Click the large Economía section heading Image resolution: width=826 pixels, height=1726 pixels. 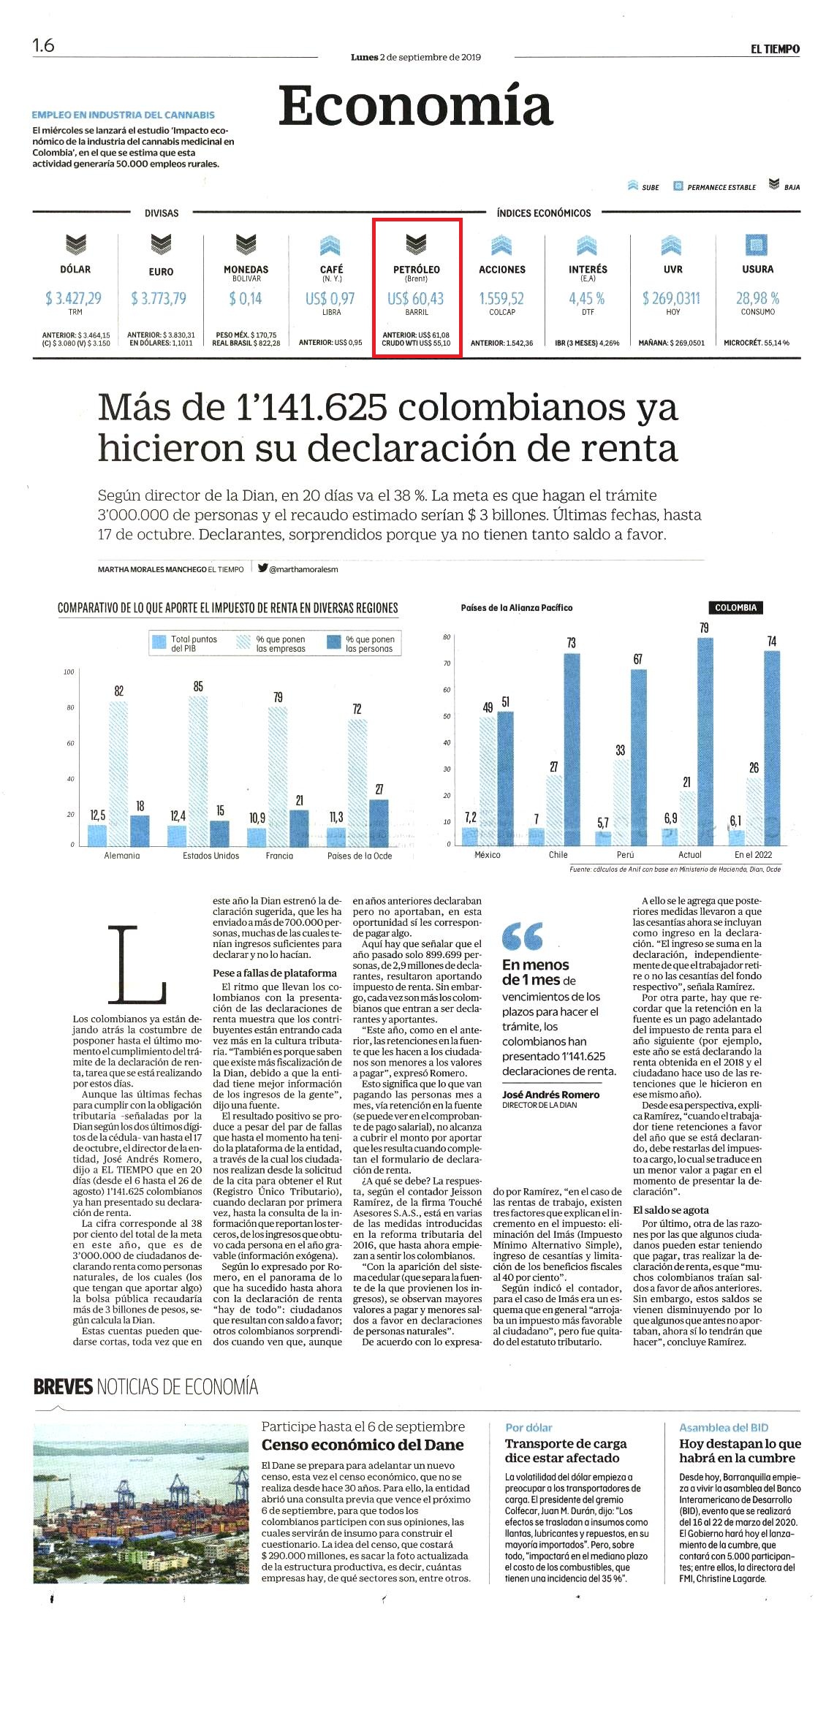415,106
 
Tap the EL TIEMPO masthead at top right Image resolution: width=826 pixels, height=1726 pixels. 775,49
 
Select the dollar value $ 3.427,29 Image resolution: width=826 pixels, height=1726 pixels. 73,298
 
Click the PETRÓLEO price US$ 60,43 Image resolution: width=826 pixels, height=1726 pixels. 415,298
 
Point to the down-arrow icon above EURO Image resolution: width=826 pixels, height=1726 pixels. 161,244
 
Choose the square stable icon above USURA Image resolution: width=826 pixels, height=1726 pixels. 757,245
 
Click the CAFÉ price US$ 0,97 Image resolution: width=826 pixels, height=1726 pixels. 330,298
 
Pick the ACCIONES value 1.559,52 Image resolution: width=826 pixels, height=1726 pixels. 501,298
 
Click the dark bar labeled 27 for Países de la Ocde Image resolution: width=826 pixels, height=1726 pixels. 379,822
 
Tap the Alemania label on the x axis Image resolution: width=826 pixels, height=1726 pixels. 122,856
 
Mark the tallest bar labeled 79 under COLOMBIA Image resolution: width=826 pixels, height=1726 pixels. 705,741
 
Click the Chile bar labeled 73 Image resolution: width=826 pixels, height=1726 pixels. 572,749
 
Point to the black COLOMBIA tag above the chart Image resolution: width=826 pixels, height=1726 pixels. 735,608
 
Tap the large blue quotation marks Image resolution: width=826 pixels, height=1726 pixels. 523,936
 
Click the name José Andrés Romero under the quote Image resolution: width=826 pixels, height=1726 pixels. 550,1095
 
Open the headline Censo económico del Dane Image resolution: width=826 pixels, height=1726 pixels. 363,1445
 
